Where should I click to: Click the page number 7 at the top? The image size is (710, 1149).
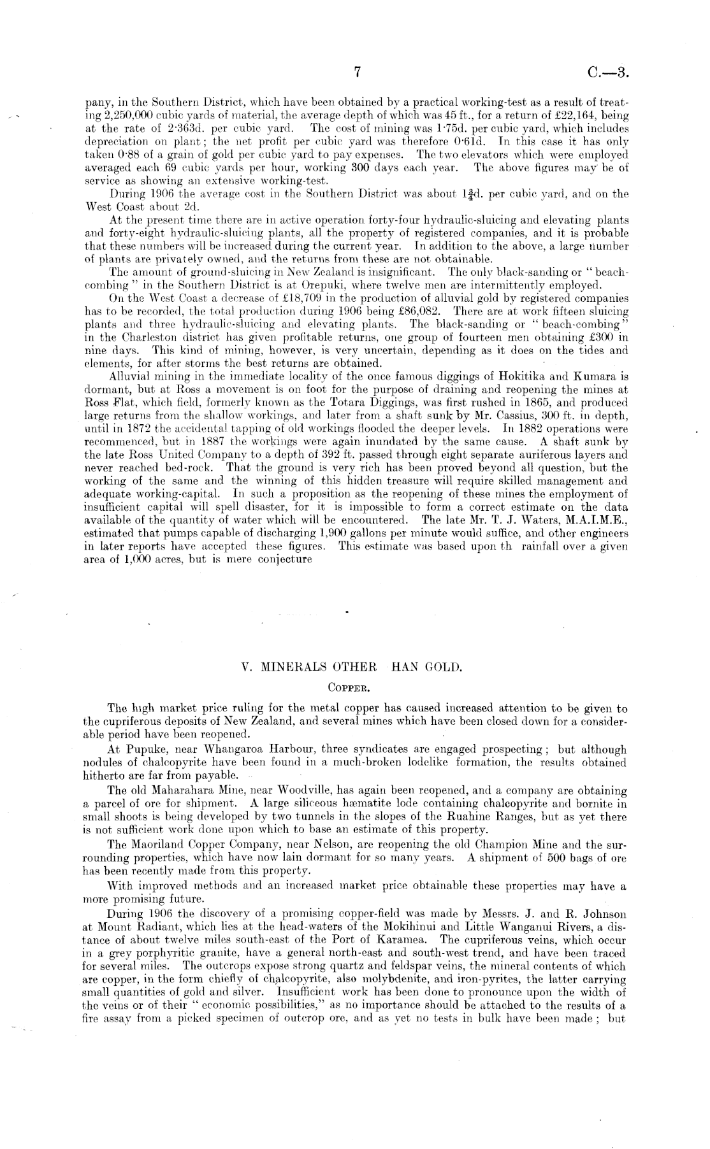click(358, 73)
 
